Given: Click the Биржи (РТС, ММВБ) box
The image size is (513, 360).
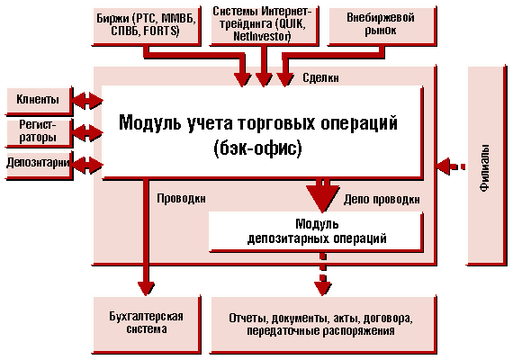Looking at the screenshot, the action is click(x=146, y=25).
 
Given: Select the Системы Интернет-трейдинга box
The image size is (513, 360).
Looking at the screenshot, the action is click(x=264, y=25).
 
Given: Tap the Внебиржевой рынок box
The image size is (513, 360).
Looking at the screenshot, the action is click(x=382, y=25).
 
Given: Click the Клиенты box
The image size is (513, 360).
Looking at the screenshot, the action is click(x=40, y=101).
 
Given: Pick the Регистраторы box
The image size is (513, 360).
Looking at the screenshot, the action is click(x=40, y=133).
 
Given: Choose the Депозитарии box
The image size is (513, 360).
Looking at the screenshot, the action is click(x=40, y=165).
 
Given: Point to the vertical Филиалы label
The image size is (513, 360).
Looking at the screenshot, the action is click(x=485, y=168).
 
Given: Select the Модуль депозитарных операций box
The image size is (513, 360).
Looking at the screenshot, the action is click(x=316, y=231).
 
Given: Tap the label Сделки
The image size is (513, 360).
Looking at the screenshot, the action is click(x=320, y=78).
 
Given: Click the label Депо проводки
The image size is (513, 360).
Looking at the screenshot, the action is click(x=382, y=199).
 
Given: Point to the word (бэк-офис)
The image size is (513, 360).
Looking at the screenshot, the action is click(x=257, y=148).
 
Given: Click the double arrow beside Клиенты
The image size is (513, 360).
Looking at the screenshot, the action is click(x=87, y=100).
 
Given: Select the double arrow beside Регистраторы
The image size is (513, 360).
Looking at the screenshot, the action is click(x=87, y=132).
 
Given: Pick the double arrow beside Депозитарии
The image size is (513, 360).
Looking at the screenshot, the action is click(x=87, y=165).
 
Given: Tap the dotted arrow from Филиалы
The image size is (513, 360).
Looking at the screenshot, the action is click(x=451, y=166).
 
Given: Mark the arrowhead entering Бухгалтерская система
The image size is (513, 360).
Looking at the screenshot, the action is click(x=146, y=288).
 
